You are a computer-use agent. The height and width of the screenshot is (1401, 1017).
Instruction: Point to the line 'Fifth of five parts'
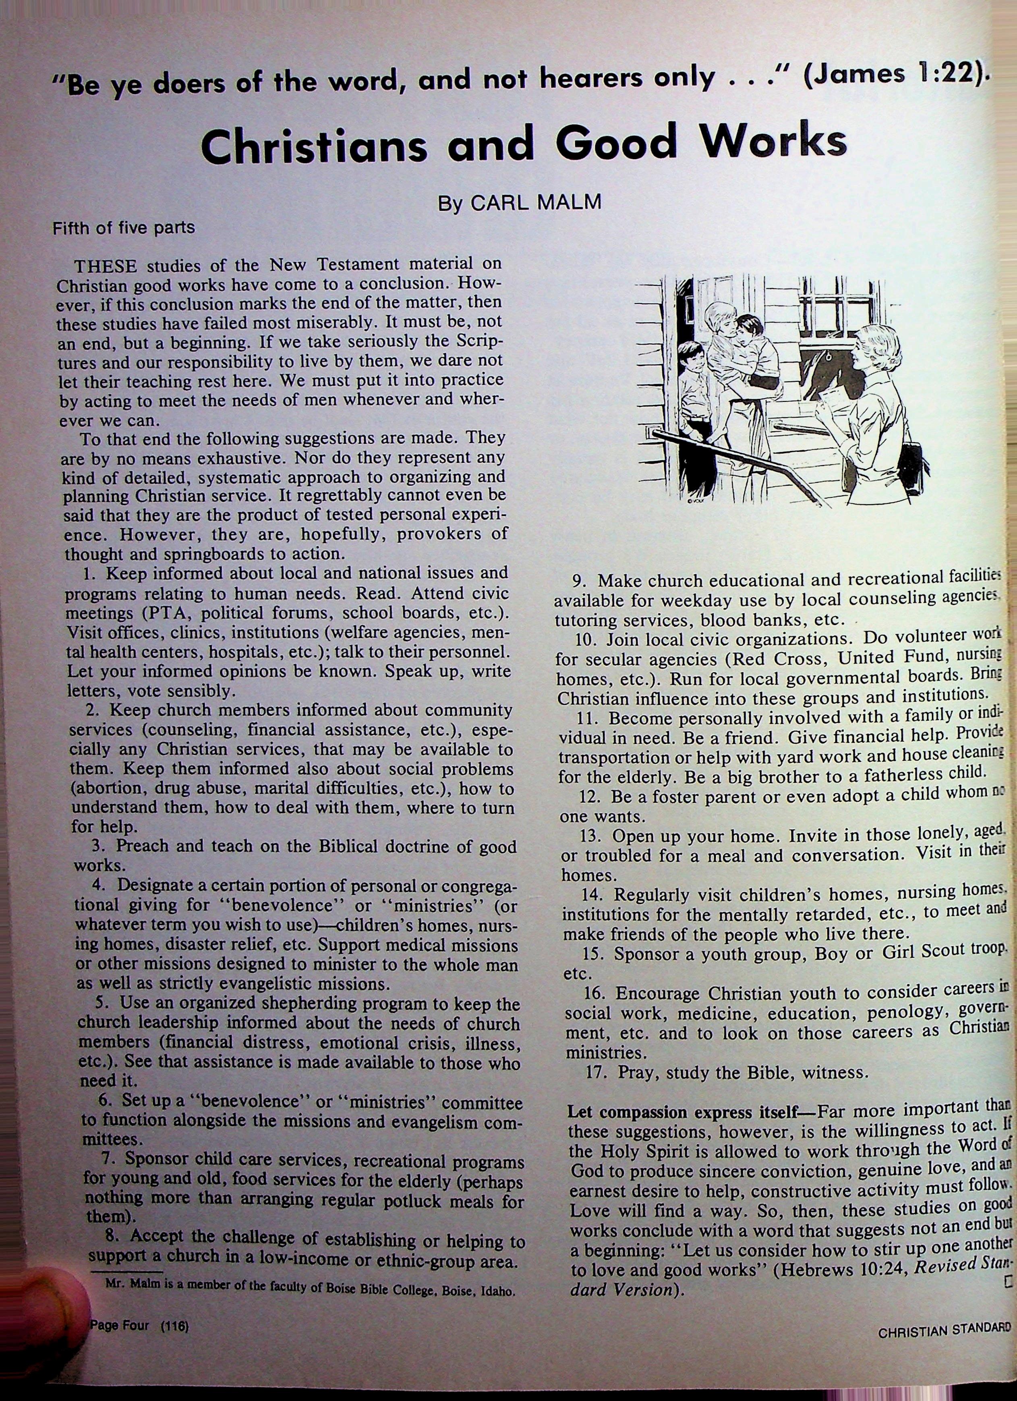pos(124,228)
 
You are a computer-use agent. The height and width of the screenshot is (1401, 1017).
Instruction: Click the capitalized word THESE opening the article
pos(106,267)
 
